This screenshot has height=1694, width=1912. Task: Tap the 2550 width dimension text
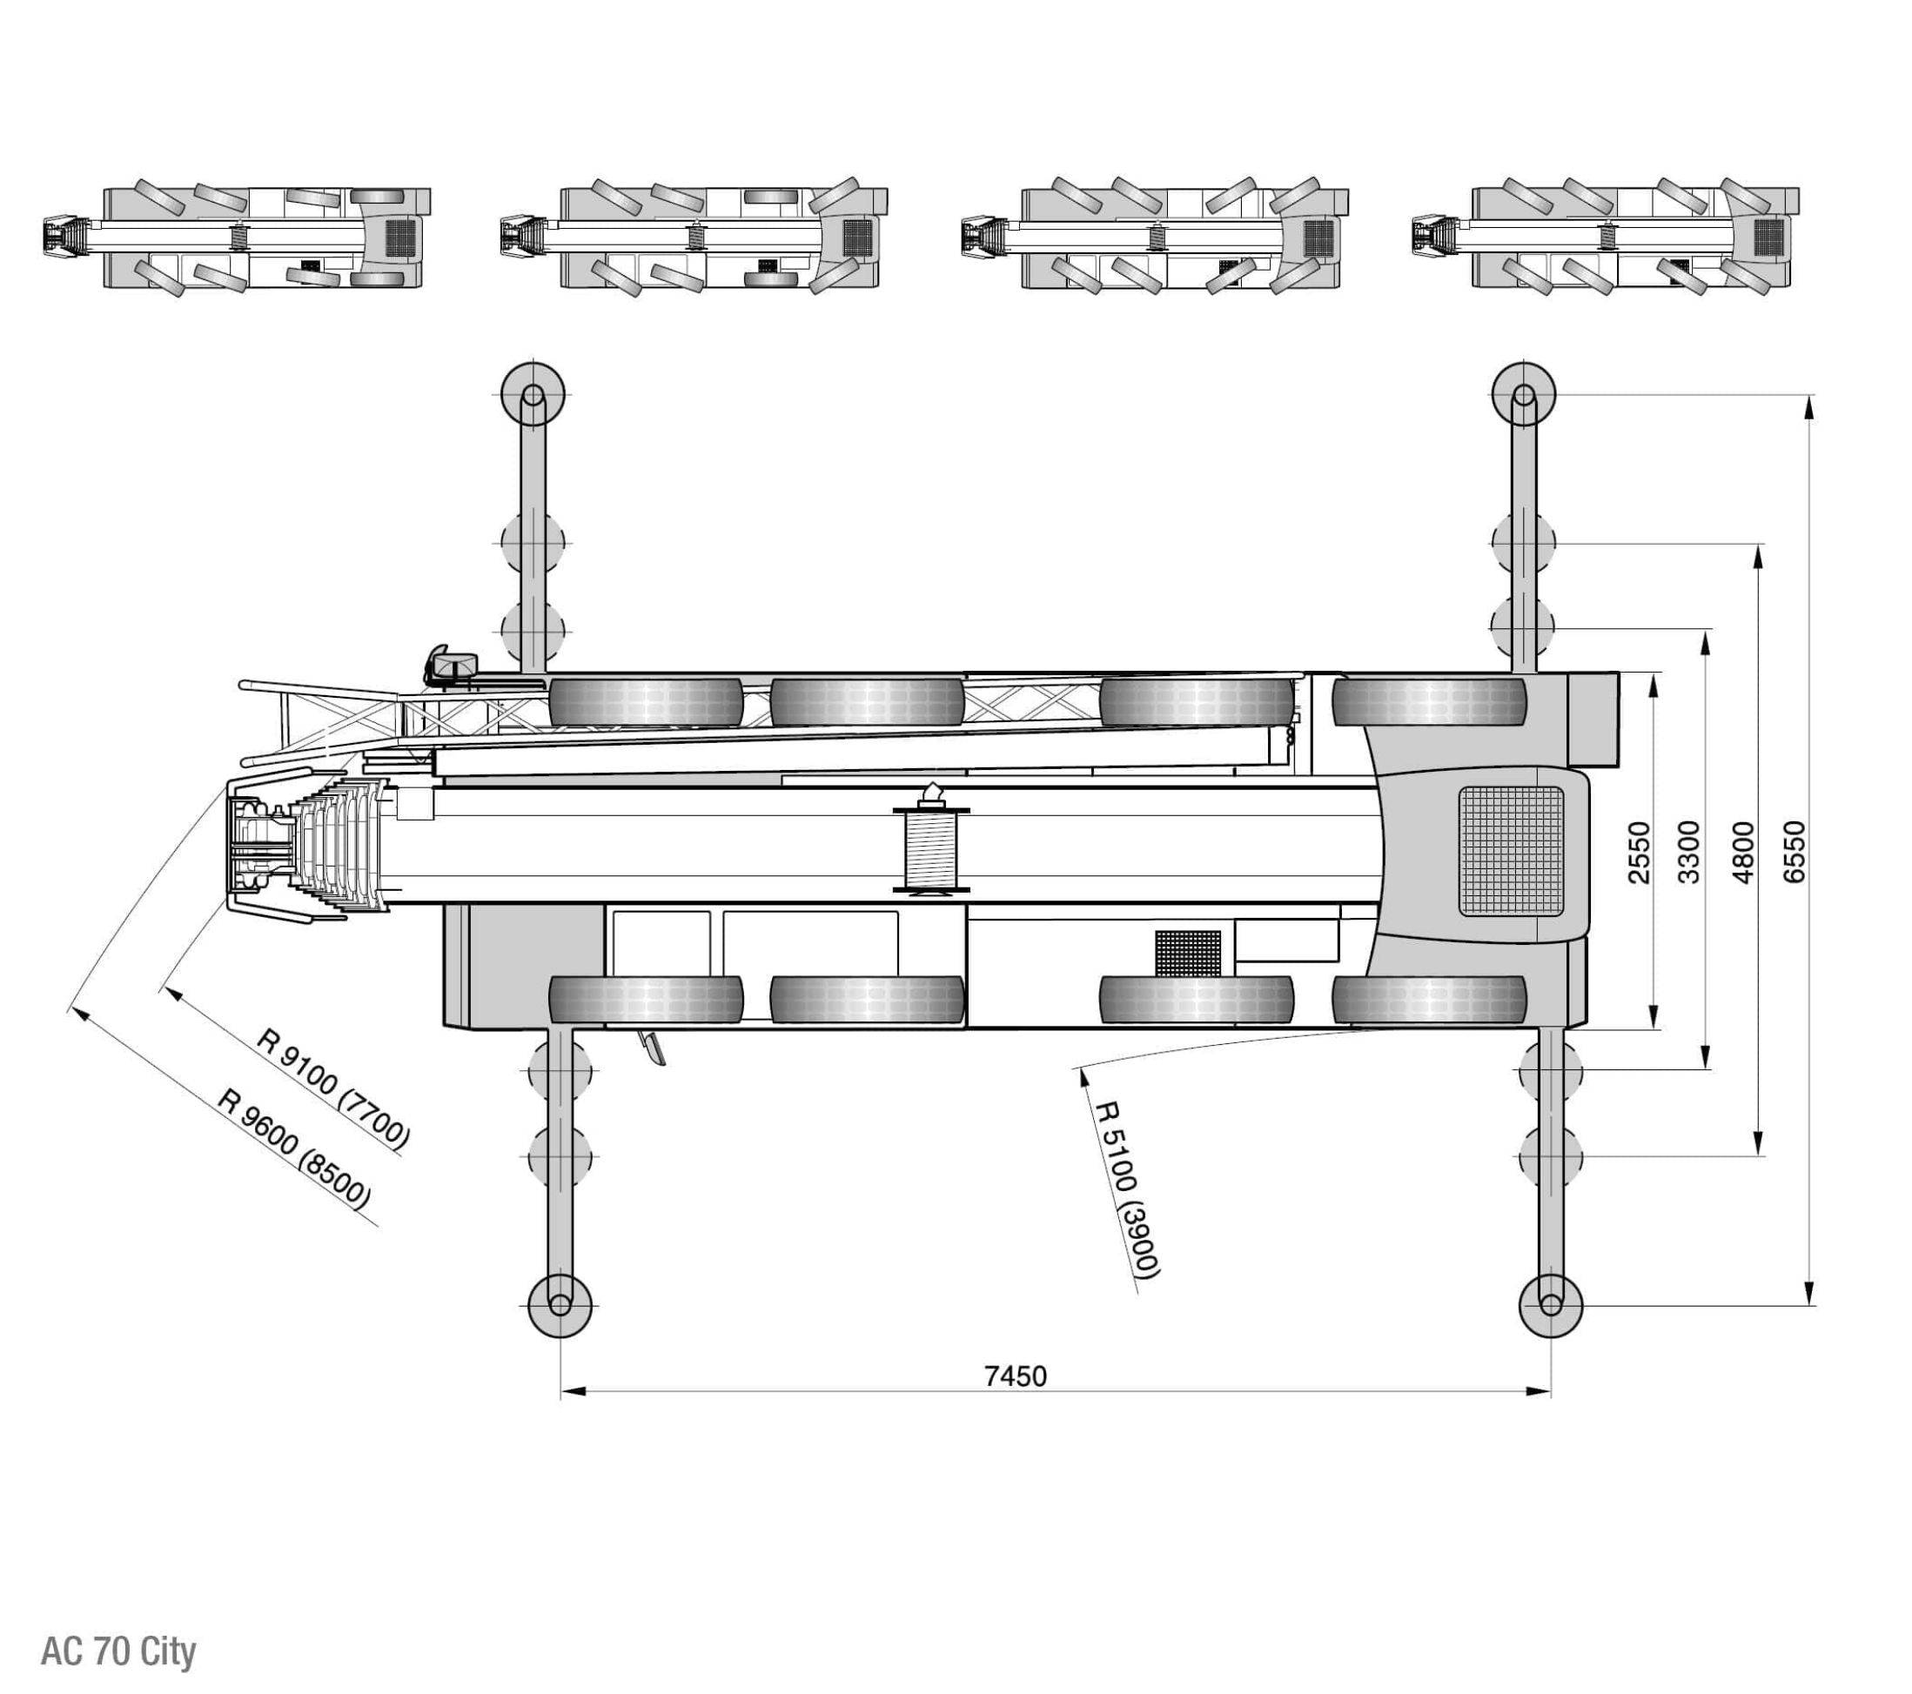(1640, 851)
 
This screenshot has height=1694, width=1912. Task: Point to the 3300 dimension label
(1689, 851)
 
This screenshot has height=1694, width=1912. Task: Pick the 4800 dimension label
(1742, 851)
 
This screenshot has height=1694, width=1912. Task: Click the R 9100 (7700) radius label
(333, 1088)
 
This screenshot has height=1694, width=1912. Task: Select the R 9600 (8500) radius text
(295, 1148)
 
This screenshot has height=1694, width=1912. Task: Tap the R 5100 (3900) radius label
(1128, 1188)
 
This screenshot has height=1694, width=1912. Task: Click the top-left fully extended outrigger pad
(533, 394)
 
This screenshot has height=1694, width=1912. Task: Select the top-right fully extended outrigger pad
(1524, 394)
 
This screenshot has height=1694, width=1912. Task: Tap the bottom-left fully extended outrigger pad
(560, 1305)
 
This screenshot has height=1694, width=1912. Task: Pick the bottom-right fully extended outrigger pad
(1550, 1305)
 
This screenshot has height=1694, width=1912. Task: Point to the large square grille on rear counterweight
(1511, 851)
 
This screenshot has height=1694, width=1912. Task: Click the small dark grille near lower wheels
(1188, 954)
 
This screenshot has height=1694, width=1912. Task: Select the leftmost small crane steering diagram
(237, 237)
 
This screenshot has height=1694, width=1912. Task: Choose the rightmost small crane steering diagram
(1605, 237)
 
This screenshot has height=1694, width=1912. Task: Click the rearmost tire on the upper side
(1428, 702)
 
